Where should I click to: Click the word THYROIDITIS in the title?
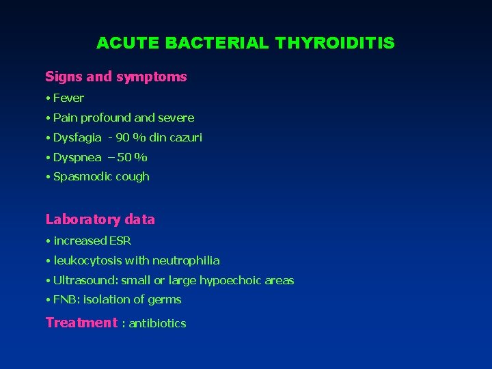coord(335,43)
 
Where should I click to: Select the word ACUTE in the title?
coord(127,43)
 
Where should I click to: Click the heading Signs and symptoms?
coord(115,77)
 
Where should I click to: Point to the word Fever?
coord(68,98)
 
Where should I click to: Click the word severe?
coord(176,118)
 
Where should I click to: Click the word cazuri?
coord(186,137)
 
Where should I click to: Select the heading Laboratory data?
coord(100,219)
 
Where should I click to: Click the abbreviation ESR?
coord(120,241)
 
